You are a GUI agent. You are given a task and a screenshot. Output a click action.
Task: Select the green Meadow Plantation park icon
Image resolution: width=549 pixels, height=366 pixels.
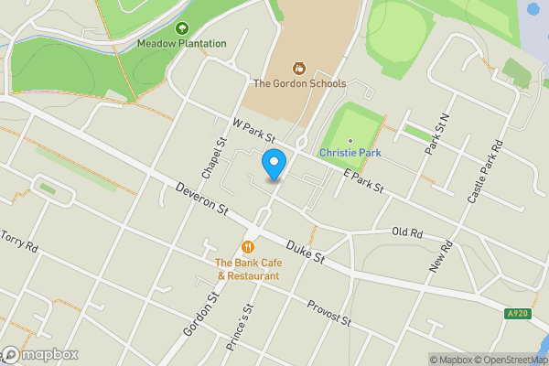(182, 28)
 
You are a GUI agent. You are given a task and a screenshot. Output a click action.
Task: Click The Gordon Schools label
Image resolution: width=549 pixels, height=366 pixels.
(299, 83)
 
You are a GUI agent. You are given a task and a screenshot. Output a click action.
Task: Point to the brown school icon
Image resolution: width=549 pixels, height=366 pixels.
(297, 68)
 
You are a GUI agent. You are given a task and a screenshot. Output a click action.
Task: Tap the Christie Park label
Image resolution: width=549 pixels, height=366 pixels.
(350, 153)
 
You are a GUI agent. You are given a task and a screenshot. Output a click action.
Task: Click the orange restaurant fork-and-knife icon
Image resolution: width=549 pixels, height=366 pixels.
(248, 247)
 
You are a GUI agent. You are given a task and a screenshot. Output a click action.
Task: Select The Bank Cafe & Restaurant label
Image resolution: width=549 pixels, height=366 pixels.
(249, 269)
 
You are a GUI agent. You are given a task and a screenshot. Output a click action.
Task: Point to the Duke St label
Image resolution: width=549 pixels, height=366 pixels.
(306, 253)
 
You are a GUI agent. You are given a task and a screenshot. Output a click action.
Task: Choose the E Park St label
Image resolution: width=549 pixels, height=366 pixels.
(362, 181)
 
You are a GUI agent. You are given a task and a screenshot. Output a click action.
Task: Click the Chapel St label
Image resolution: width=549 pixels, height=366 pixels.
(216, 157)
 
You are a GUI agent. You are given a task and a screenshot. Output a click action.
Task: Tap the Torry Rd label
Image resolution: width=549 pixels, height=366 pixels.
(19, 242)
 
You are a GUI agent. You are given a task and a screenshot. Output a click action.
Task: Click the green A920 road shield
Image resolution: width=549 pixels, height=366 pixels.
(517, 314)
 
